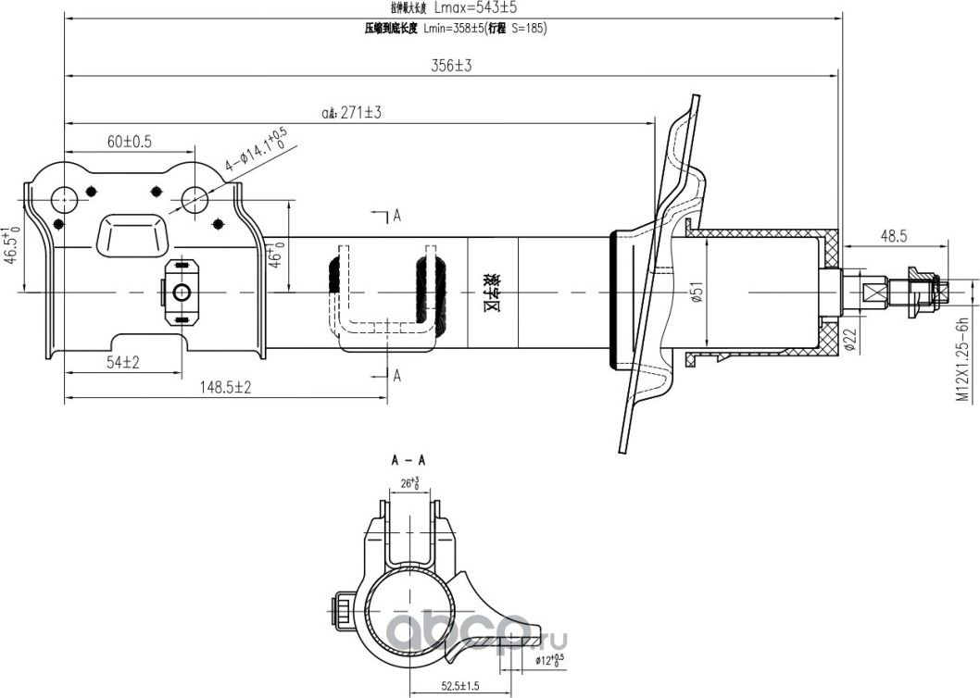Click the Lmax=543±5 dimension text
[x=475, y=7]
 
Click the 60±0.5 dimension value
[x=129, y=141]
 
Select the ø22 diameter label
[x=848, y=341]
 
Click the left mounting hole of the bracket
[x=65, y=198]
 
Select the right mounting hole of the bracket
[x=194, y=198]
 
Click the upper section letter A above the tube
[x=396, y=217]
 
